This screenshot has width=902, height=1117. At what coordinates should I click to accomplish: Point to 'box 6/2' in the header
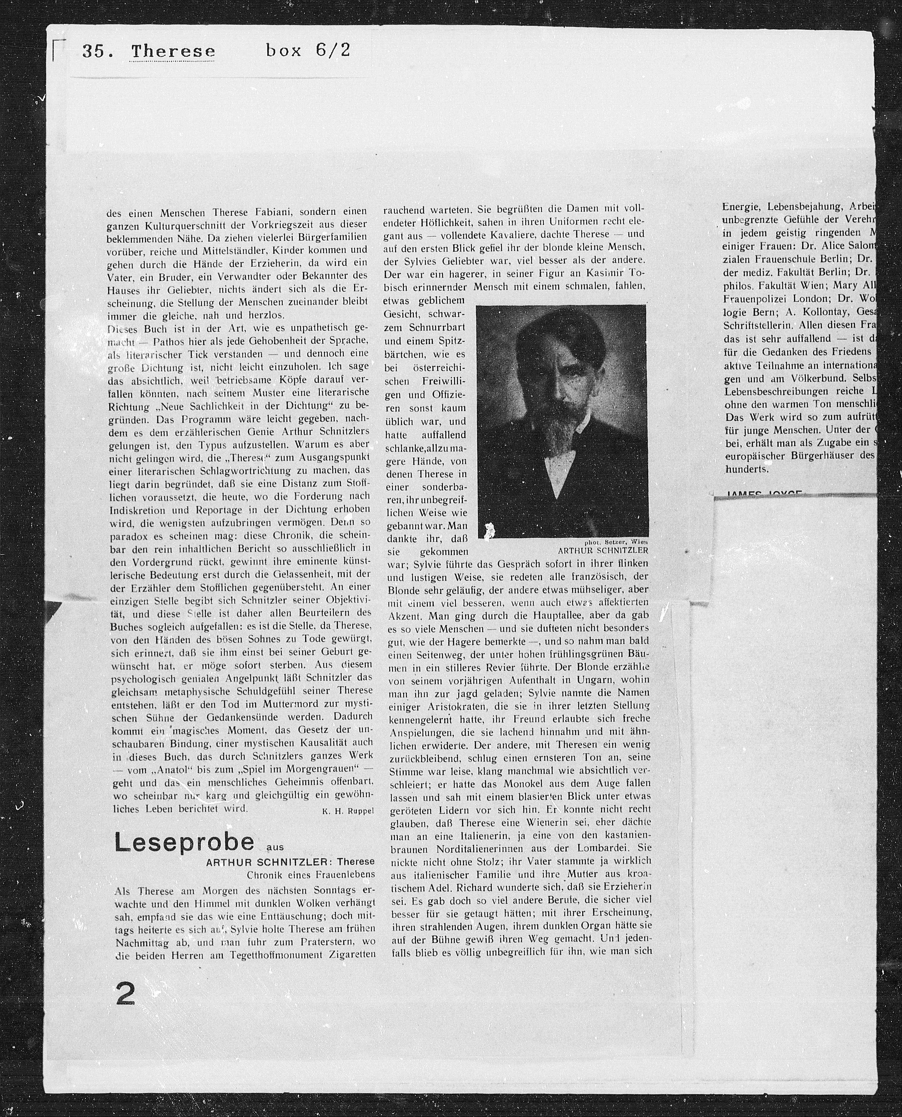click(x=308, y=50)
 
